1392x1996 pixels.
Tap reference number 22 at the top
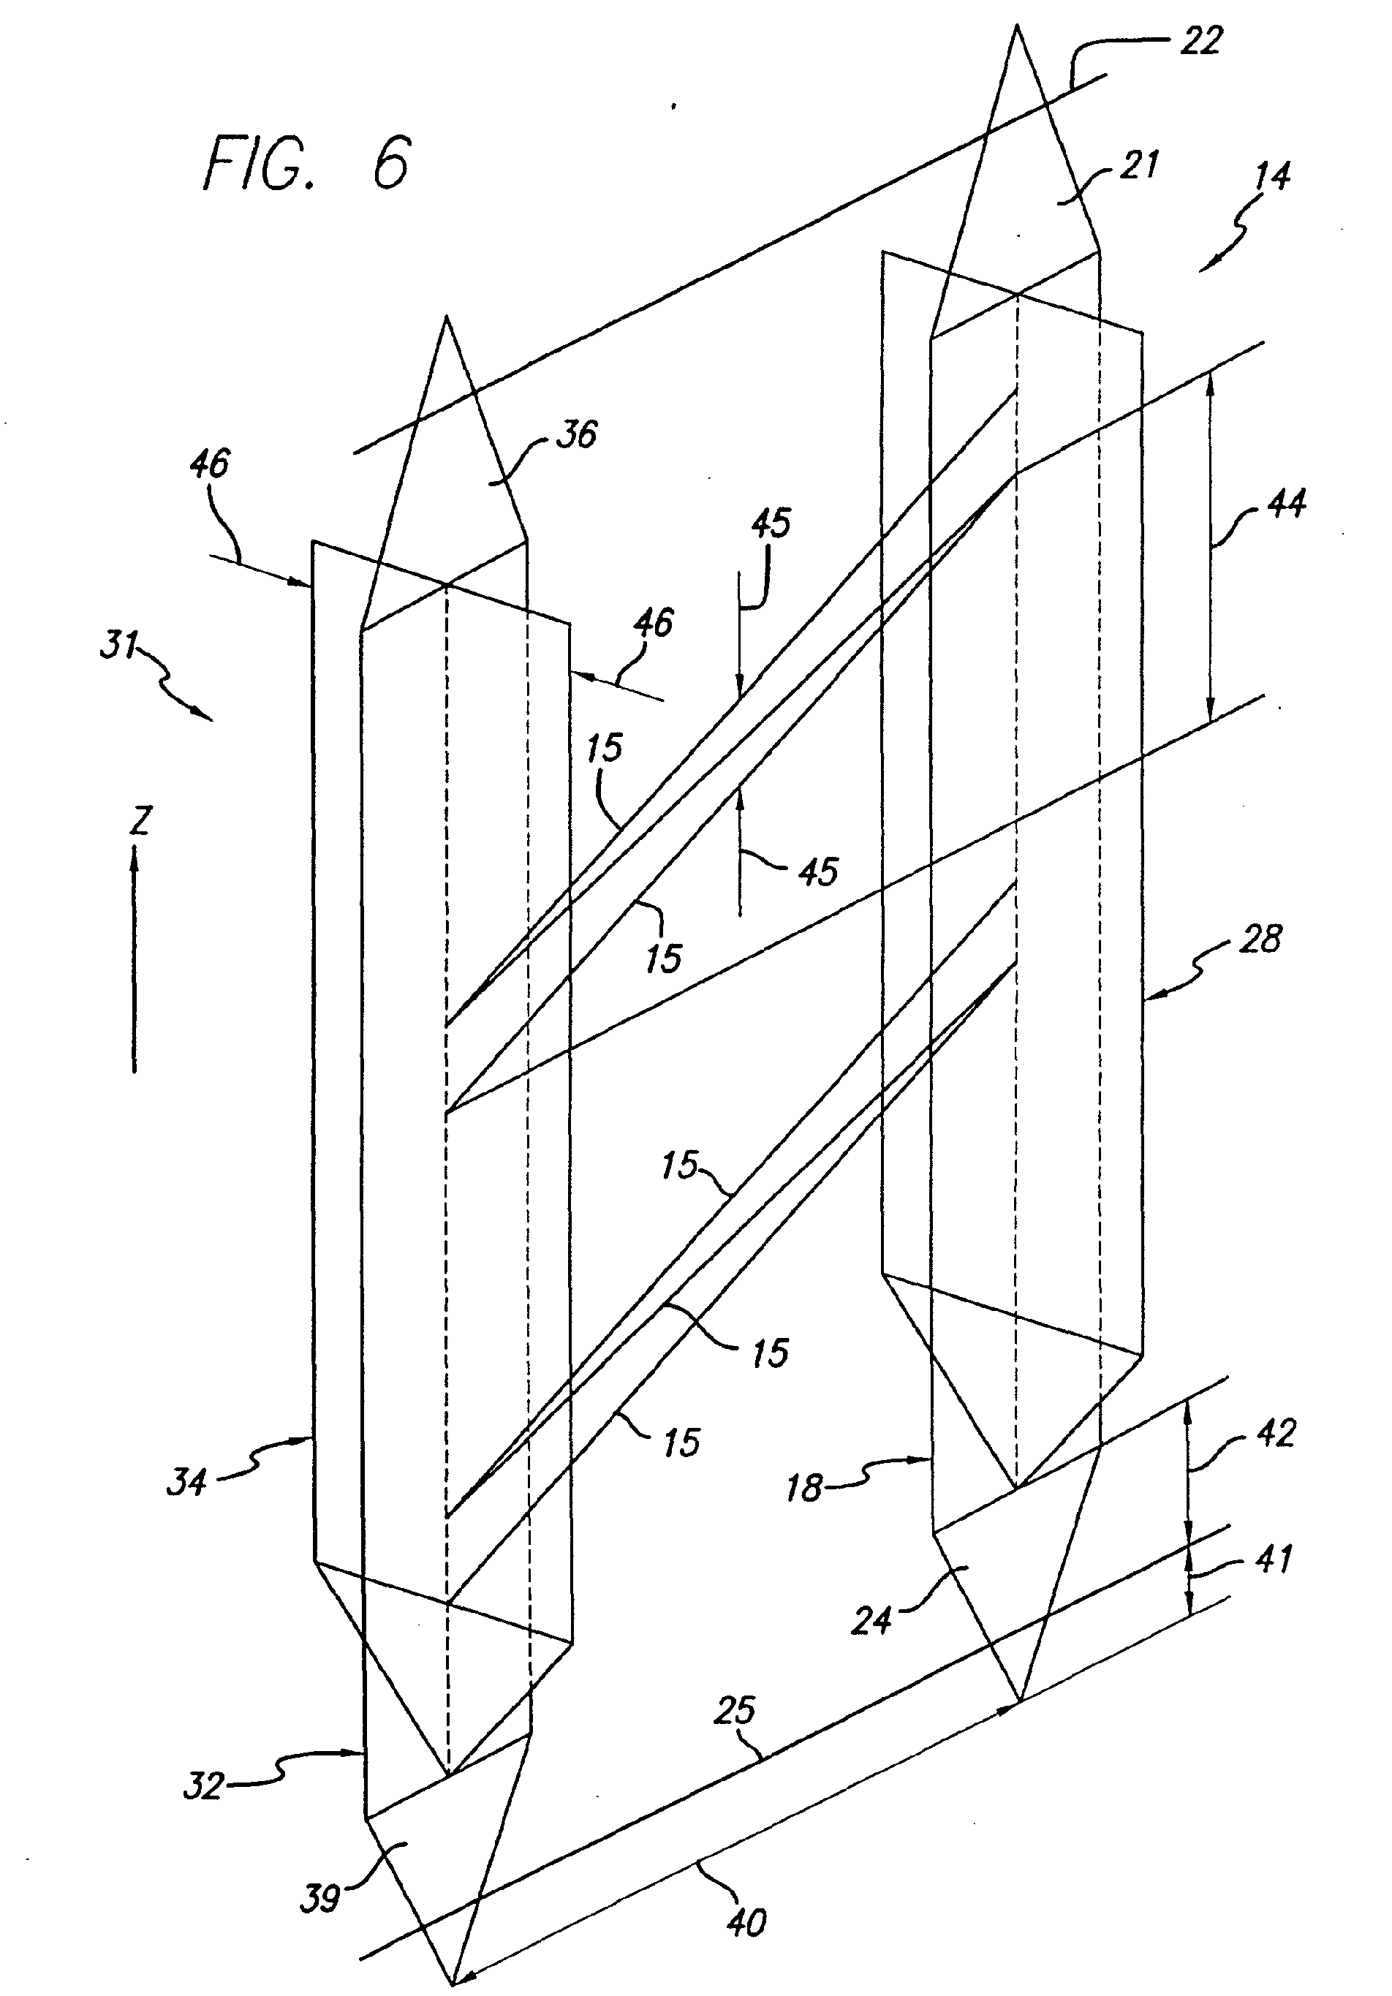[1200, 41]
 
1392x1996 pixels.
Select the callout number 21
[1139, 165]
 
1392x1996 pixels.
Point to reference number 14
[1272, 175]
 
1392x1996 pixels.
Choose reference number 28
[1260, 939]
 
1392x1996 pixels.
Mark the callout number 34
[187, 1481]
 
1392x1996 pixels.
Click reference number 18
[803, 1489]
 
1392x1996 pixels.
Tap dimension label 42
[1276, 1434]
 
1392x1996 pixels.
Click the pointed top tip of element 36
[446, 317]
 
